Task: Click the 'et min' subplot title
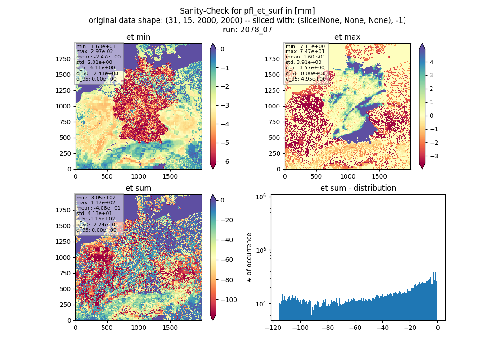tap(138, 37)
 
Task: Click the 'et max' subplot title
tap(347, 37)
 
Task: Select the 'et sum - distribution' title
tap(358, 188)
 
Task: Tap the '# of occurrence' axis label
tap(249, 258)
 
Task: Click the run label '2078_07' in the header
tap(256, 30)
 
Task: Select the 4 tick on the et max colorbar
tap(432, 62)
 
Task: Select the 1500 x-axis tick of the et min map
tap(170, 176)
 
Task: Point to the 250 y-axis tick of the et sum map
tap(65, 305)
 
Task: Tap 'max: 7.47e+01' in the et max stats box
tap(305, 51)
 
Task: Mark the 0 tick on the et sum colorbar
tap(222, 200)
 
